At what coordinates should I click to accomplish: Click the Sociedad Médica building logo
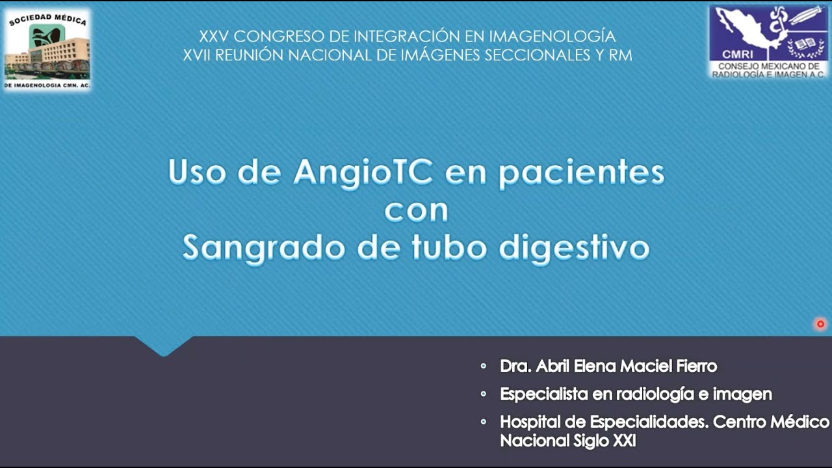coord(47,49)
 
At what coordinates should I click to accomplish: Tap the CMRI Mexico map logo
coord(768,42)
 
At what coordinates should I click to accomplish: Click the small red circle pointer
coord(820,324)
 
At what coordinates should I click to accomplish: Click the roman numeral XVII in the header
coord(196,55)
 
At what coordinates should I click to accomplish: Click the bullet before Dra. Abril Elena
coord(483,366)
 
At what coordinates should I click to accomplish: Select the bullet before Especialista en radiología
coord(483,394)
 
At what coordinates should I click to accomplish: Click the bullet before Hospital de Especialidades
coord(483,422)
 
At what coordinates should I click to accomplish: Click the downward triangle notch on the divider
coord(164,346)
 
